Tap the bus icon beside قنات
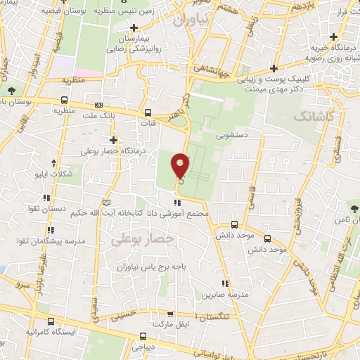148,112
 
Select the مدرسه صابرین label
233,295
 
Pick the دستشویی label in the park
235,132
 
